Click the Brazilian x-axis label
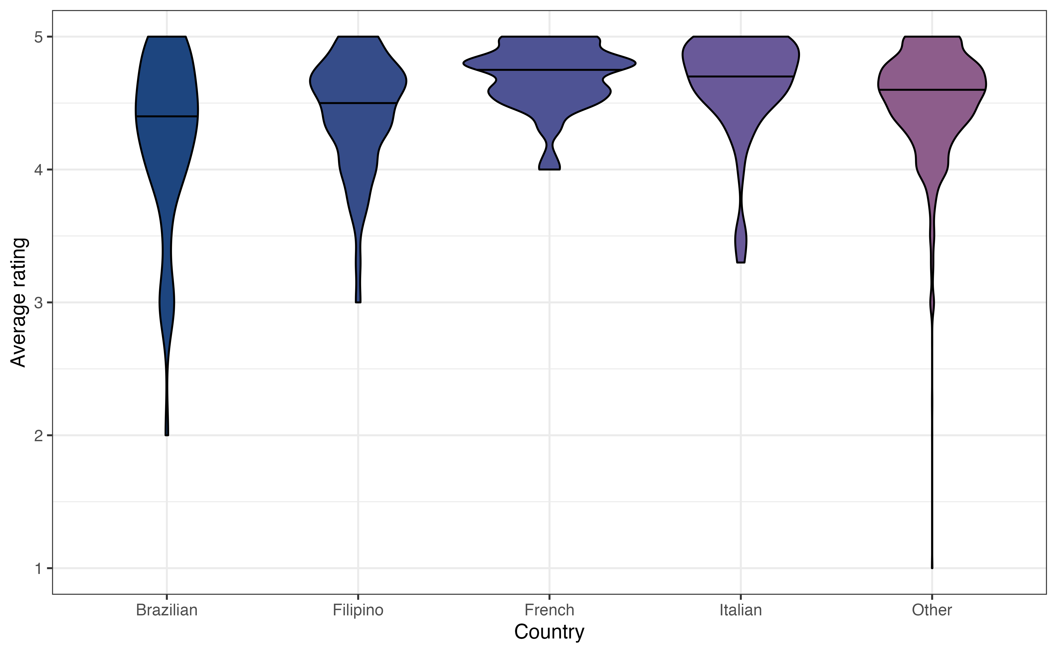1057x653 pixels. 167,610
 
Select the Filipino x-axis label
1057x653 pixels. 358,610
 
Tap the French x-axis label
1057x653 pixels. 549,610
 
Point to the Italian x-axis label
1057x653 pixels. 741,610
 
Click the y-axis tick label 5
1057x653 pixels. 39,37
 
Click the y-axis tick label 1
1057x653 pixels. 39,568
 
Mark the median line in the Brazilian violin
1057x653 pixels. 167,116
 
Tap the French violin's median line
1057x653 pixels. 549,70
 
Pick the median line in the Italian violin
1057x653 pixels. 741,76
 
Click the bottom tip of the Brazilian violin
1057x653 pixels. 167,434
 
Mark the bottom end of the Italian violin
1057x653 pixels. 741,262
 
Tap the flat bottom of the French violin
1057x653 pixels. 549,169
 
